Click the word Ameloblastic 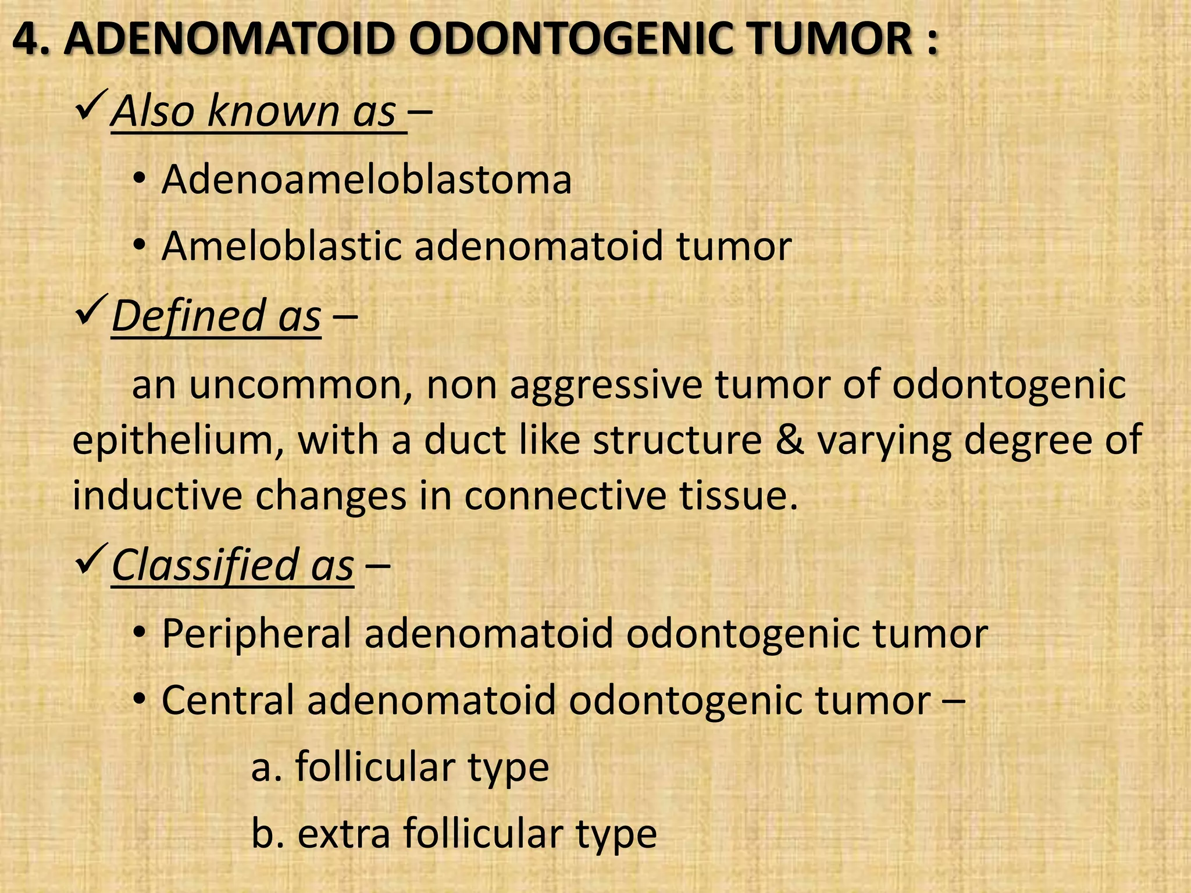[x=281, y=246]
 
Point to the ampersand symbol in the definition [x=789, y=440]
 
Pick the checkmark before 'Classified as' [x=90, y=557]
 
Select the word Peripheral [x=256, y=633]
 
